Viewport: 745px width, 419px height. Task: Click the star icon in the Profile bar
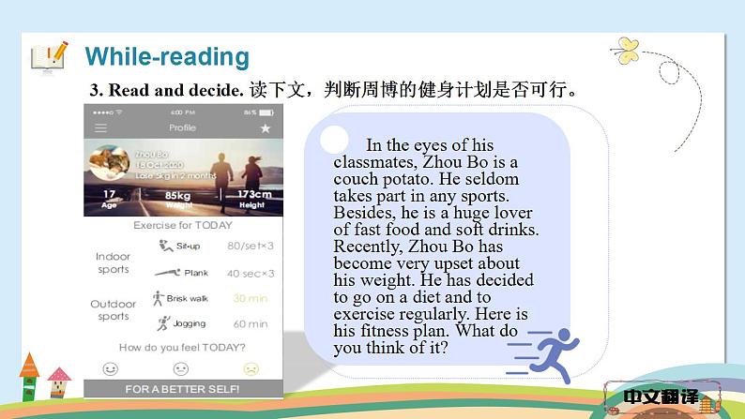point(265,127)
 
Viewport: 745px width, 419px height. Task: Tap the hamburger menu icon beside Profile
point(101,127)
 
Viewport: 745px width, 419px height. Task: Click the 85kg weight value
point(173,194)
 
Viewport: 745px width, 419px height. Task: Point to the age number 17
point(109,194)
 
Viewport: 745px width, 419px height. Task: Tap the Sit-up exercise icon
point(160,246)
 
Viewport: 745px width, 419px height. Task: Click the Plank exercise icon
point(164,273)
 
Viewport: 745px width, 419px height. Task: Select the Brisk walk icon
point(158,298)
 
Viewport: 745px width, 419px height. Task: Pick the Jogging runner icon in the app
point(162,323)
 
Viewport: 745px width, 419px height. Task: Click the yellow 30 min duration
point(250,298)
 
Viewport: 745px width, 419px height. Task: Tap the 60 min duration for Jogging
point(250,324)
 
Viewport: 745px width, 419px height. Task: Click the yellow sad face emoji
point(251,368)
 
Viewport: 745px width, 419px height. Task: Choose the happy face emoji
point(111,368)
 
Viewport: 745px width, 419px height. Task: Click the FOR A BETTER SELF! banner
point(182,389)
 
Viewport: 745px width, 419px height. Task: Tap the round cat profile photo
point(108,165)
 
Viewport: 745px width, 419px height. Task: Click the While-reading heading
point(167,56)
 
